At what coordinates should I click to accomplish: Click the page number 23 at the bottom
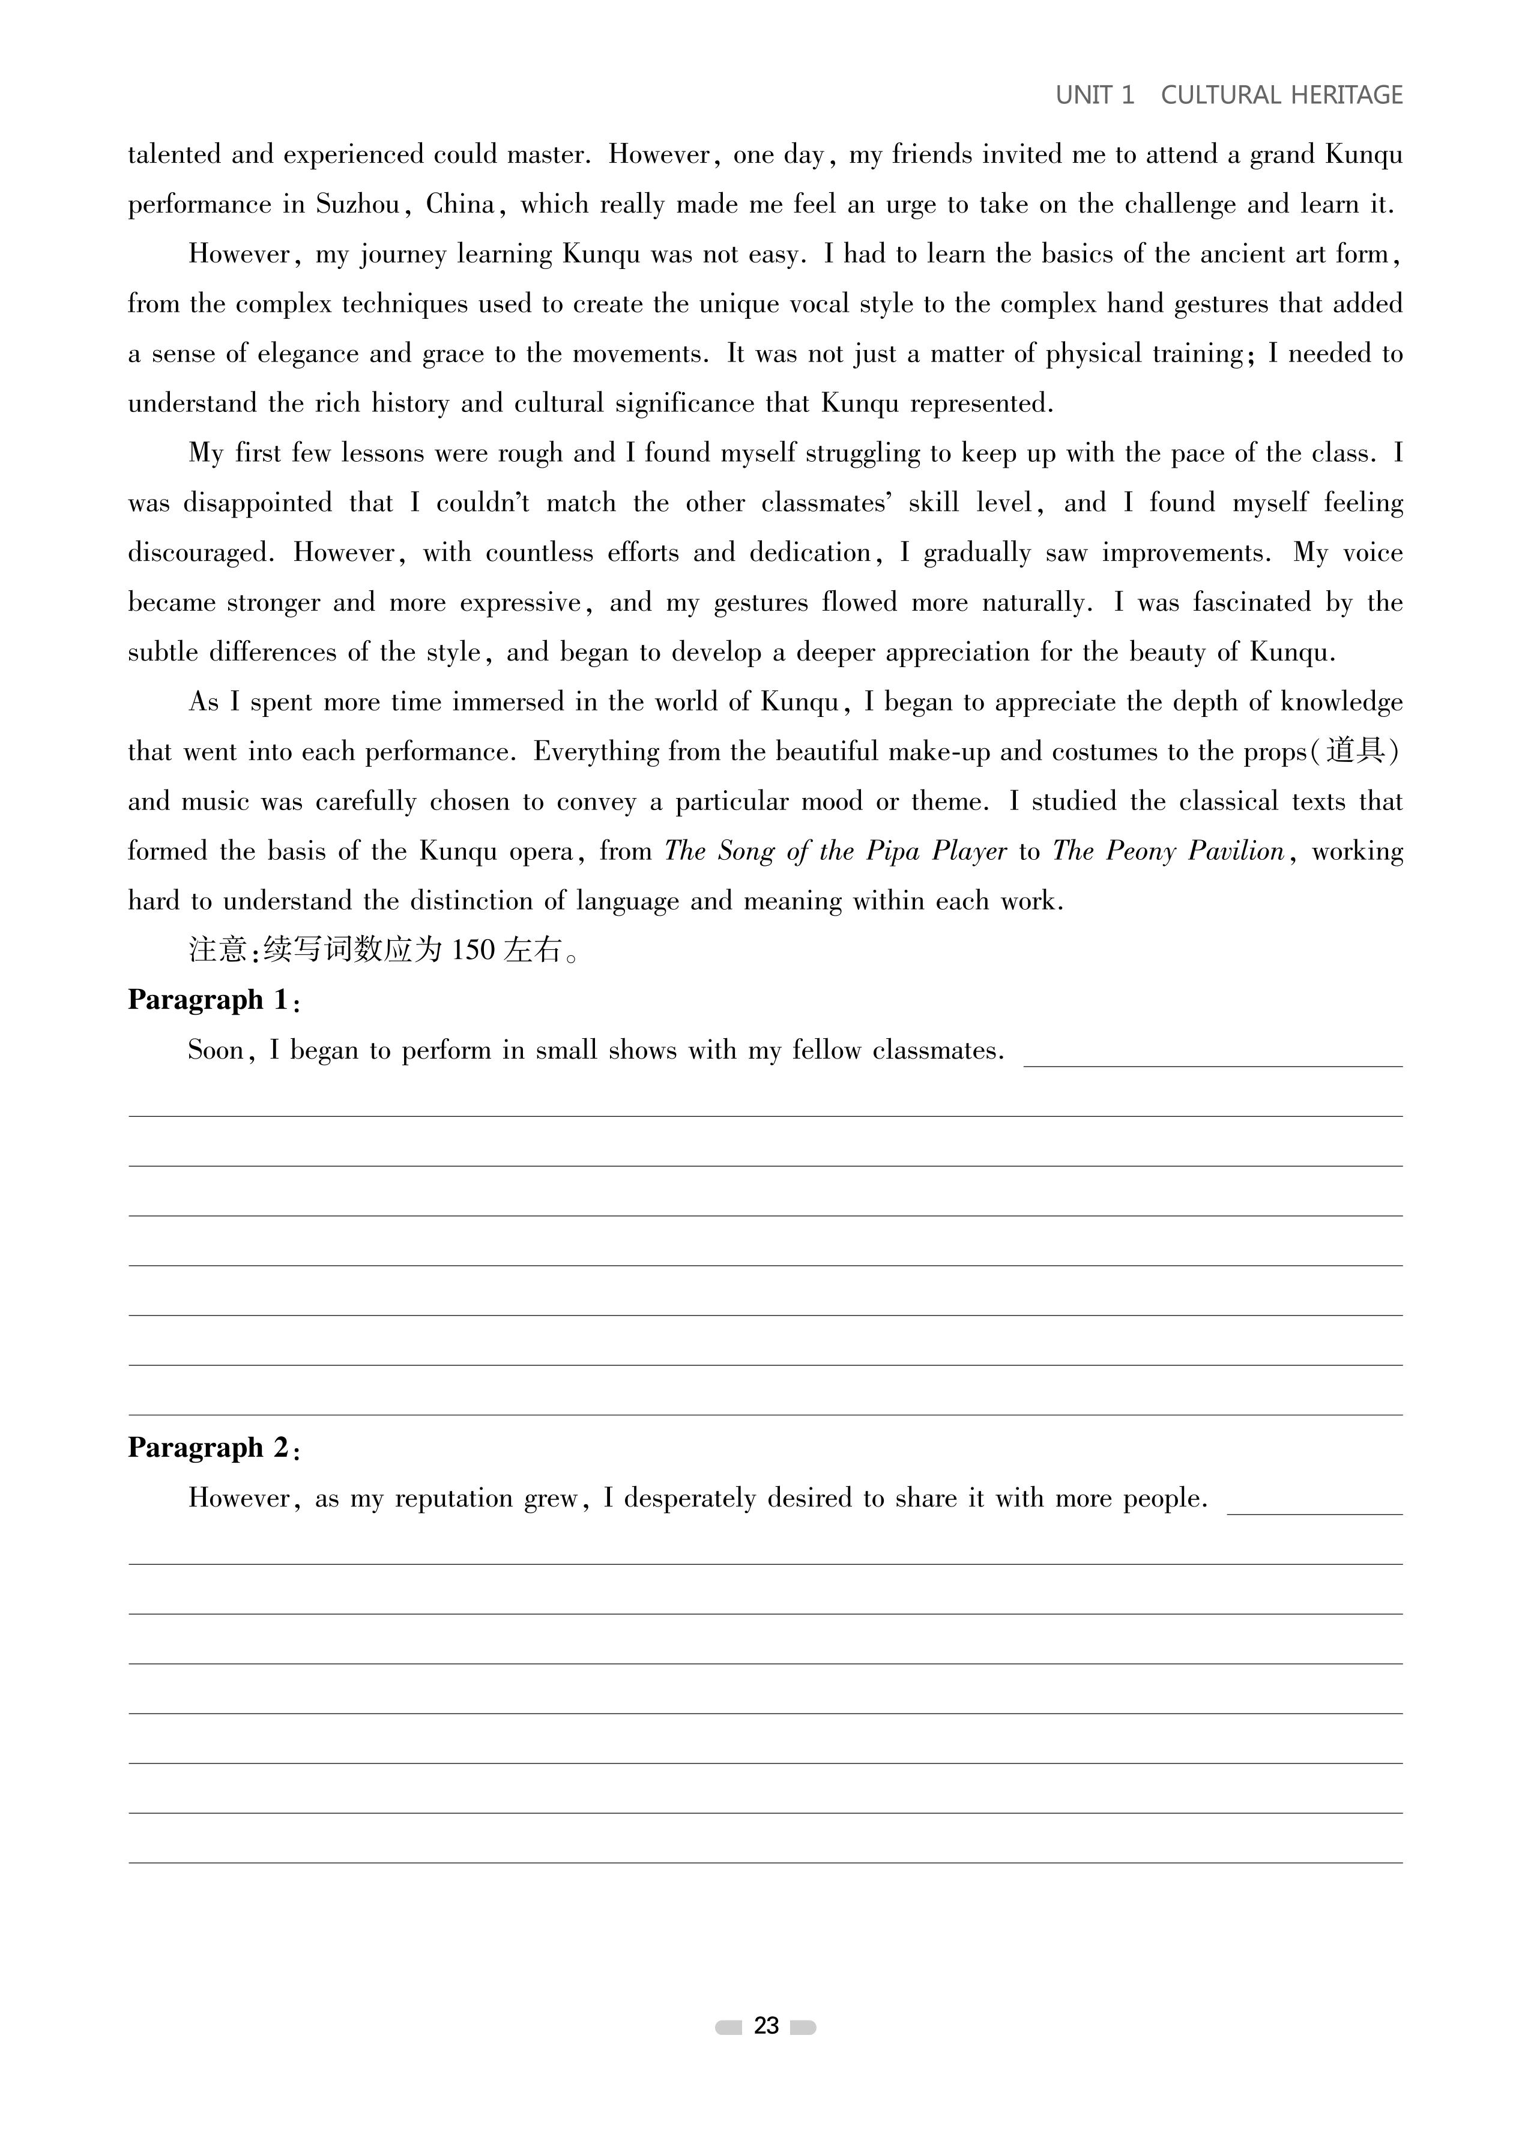[x=766, y=2026]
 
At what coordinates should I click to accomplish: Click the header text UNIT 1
[x=1095, y=95]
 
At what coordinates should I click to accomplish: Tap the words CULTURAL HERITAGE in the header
[x=1282, y=95]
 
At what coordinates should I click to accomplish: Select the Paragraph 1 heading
[x=214, y=1000]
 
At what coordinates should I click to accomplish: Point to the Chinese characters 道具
[x=1355, y=751]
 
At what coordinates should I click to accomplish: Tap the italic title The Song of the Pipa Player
[x=836, y=851]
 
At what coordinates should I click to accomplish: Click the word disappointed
[x=257, y=503]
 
